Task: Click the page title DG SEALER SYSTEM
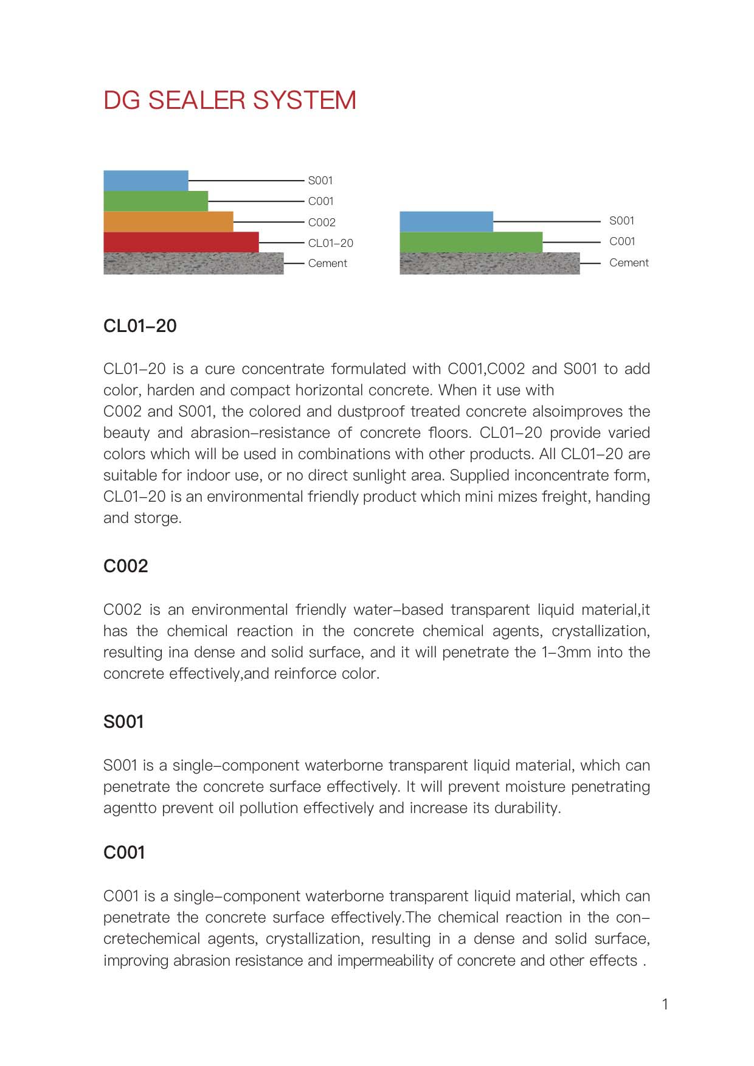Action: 230,100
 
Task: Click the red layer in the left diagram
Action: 181,242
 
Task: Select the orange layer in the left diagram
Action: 168,221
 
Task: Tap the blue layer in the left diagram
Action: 145,181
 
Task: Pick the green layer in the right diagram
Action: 471,242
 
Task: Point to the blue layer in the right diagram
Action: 446,221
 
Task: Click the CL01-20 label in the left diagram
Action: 330,243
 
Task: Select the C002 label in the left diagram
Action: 322,223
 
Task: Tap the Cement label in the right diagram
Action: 629,263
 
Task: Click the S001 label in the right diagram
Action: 621,221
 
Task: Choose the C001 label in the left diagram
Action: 320,201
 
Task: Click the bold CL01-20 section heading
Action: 140,326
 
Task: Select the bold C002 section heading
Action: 126,566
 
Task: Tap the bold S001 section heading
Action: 123,722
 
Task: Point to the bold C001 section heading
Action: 124,853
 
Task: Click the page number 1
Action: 665,1004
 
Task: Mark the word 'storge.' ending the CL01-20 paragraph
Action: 163,518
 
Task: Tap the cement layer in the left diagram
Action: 193,263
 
